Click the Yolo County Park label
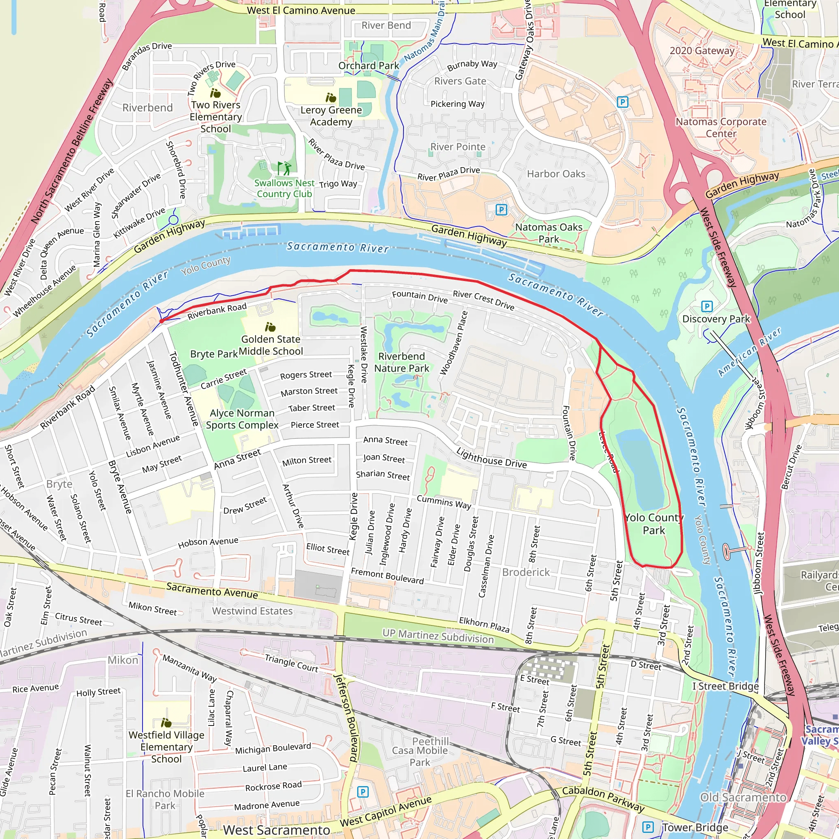click(653, 524)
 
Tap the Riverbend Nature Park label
click(402, 362)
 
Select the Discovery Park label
click(716, 319)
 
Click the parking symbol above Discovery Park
click(707, 306)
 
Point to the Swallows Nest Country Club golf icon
click(284, 168)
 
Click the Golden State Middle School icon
click(270, 327)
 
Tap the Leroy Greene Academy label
click(331, 116)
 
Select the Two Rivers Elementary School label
click(215, 117)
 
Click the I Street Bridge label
click(725, 686)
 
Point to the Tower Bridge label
click(695, 827)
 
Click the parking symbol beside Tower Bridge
click(648, 827)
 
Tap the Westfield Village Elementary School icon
click(166, 723)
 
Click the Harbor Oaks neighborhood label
click(556, 174)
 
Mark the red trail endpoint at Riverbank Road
click(161, 321)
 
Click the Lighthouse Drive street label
click(491, 458)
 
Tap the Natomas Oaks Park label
click(549, 233)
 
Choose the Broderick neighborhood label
click(526, 572)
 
